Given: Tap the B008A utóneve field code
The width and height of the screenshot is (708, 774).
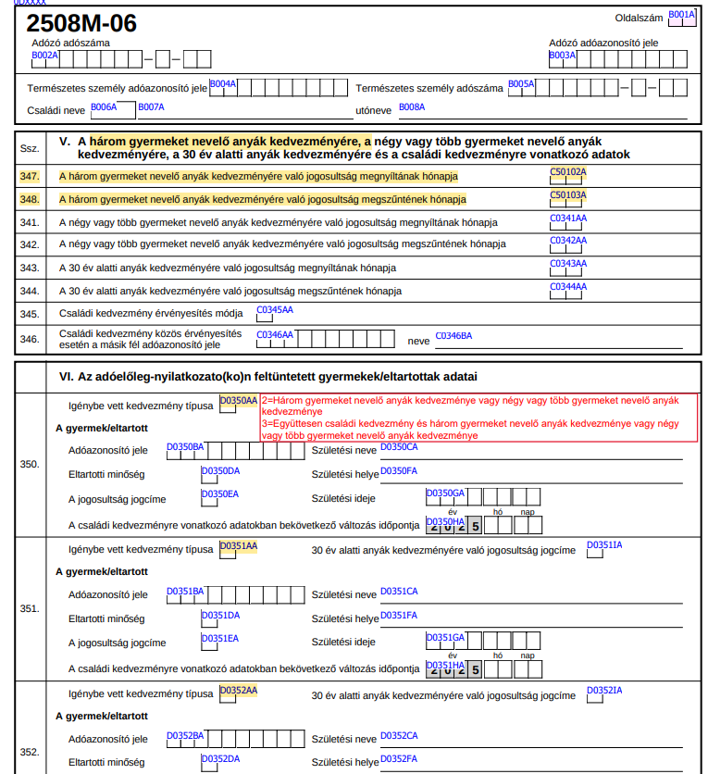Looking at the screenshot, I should coord(412,107).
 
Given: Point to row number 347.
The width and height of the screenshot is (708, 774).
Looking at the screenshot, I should coord(30,175).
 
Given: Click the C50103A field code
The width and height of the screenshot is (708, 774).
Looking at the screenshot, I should coord(568,194).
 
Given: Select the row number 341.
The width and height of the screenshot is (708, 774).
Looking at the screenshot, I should coord(30,222).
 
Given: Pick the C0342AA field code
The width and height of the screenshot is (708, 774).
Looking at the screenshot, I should coord(568,241).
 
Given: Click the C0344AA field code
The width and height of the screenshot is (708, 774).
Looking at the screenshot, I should coord(568,287).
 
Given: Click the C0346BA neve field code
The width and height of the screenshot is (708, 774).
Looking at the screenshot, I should coord(453,335).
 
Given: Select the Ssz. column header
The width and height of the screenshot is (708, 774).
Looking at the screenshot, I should coord(30,148).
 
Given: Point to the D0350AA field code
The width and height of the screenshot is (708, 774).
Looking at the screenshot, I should coord(238,400).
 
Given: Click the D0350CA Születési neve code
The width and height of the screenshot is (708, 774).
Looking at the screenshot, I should coord(400,447).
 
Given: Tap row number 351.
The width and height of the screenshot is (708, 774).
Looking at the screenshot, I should coord(30,608).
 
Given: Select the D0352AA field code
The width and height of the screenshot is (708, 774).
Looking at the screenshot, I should coord(238,690).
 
